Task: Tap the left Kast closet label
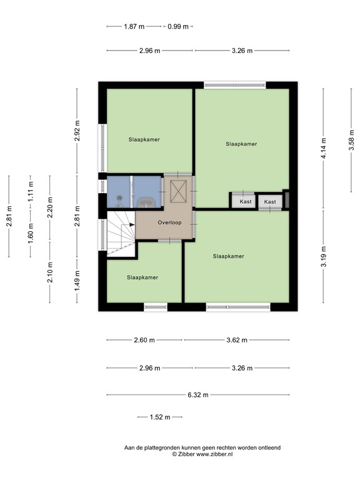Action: pos(245,202)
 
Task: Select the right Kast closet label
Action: pos(270,202)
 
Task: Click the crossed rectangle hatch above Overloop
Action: pos(179,191)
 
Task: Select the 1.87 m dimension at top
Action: pos(134,26)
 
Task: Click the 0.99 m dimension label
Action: pos(177,26)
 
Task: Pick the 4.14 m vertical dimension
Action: pos(323,147)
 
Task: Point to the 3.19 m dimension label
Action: pos(323,257)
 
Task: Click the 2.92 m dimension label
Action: pos(77,132)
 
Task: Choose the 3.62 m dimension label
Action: pos(236,340)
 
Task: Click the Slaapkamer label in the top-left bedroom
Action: pos(144,139)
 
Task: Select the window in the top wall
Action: pos(234,84)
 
